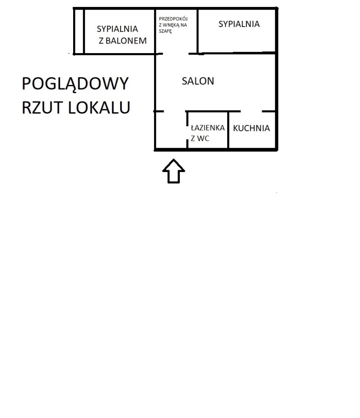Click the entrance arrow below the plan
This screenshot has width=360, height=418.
coord(174,171)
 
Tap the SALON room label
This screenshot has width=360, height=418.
coord(198,81)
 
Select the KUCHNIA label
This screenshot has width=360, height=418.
coord(251,128)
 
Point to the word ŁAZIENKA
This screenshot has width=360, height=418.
coord(208,128)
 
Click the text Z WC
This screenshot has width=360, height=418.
coord(200,138)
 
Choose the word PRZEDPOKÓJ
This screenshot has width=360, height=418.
coord(173,19)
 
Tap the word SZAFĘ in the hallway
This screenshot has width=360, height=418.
coord(165,31)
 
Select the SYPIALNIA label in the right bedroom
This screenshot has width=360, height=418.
coord(239,24)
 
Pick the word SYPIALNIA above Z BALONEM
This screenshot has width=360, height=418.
coord(117,29)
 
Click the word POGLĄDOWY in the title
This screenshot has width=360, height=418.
coord(75,84)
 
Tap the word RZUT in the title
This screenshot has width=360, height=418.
coord(42,108)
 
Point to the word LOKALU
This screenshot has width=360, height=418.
coord(99,108)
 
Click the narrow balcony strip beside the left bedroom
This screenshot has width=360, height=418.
coord(79,31)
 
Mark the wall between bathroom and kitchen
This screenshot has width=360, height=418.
coord(228,130)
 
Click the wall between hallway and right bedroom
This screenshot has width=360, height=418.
coord(198,31)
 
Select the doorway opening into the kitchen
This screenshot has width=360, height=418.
coord(251,111)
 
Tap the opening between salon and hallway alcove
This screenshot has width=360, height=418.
coord(175,54)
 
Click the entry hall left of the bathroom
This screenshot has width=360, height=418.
coord(171,130)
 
